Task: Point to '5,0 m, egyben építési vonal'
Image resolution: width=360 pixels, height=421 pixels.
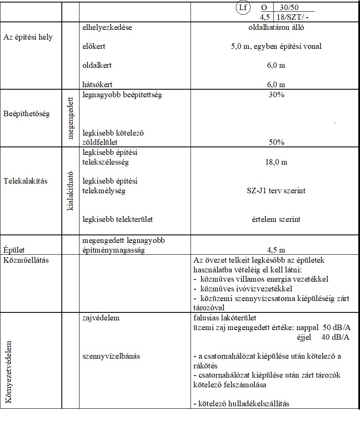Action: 276,47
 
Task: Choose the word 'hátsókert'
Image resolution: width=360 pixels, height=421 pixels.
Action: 98,84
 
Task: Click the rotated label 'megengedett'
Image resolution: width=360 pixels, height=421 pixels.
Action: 70,117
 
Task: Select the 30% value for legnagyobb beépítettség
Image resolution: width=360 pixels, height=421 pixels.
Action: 276,95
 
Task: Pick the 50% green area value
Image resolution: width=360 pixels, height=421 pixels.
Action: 276,142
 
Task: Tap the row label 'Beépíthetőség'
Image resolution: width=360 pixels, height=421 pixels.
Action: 26,114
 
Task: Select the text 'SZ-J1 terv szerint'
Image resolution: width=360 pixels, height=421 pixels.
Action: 276,191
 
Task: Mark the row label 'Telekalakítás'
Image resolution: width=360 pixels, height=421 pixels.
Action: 25,181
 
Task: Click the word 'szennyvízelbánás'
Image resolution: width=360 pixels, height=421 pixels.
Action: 111,356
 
